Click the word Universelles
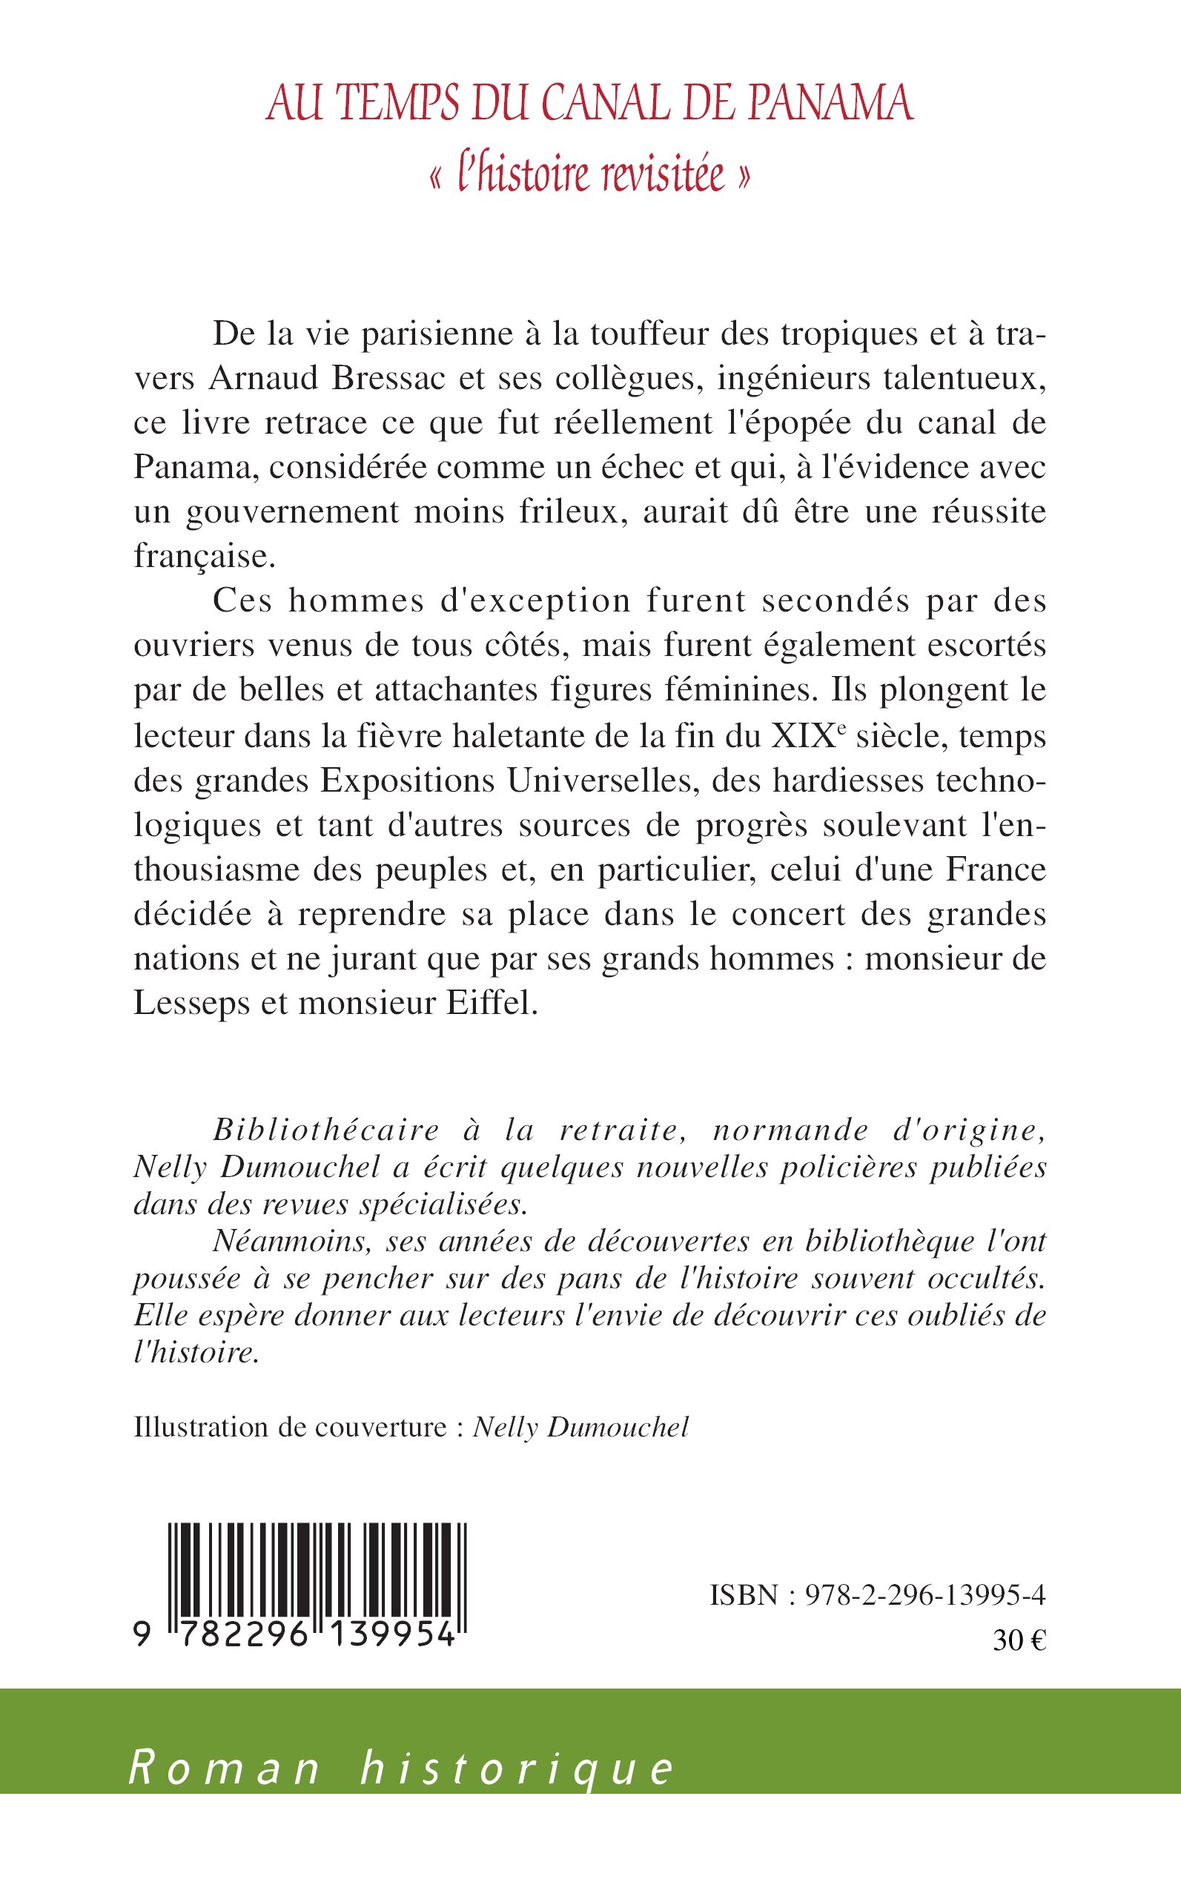601,781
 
